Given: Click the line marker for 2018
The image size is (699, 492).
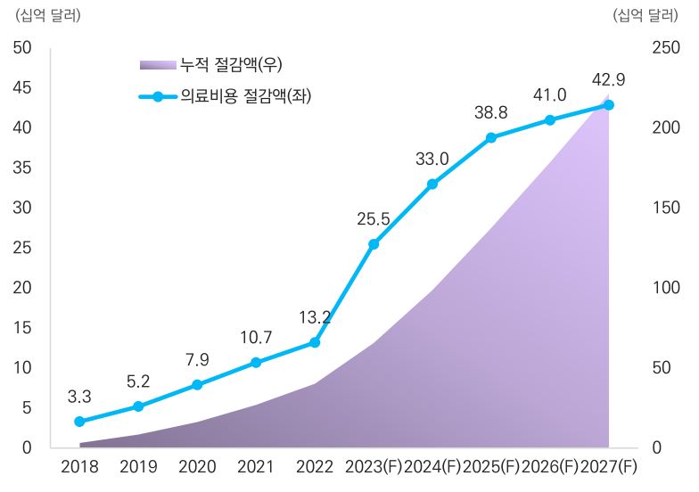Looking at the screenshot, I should pos(79,422).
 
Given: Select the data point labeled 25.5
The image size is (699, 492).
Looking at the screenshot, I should pos(374,244).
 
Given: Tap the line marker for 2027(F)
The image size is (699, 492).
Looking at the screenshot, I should pos(609,105).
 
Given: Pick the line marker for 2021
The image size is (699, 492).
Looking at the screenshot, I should pos(256,363).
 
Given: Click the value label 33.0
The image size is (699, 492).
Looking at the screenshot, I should pos(432,160).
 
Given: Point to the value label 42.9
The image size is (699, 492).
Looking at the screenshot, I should pos(608,80).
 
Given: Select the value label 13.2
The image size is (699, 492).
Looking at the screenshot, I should pos(315,317).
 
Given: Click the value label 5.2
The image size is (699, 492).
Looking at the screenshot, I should pos(138,381).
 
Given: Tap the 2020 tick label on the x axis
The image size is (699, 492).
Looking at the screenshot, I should pos(197,467).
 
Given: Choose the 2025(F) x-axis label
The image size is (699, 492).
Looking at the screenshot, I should pos(491,467).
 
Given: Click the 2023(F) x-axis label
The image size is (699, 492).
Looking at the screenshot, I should pos(374,467).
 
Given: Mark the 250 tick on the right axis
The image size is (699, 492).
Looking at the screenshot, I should pos(661,47).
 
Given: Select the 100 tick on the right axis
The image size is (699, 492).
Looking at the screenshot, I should pos(661,288).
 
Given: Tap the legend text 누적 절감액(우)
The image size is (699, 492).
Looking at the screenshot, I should pos(231,64).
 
